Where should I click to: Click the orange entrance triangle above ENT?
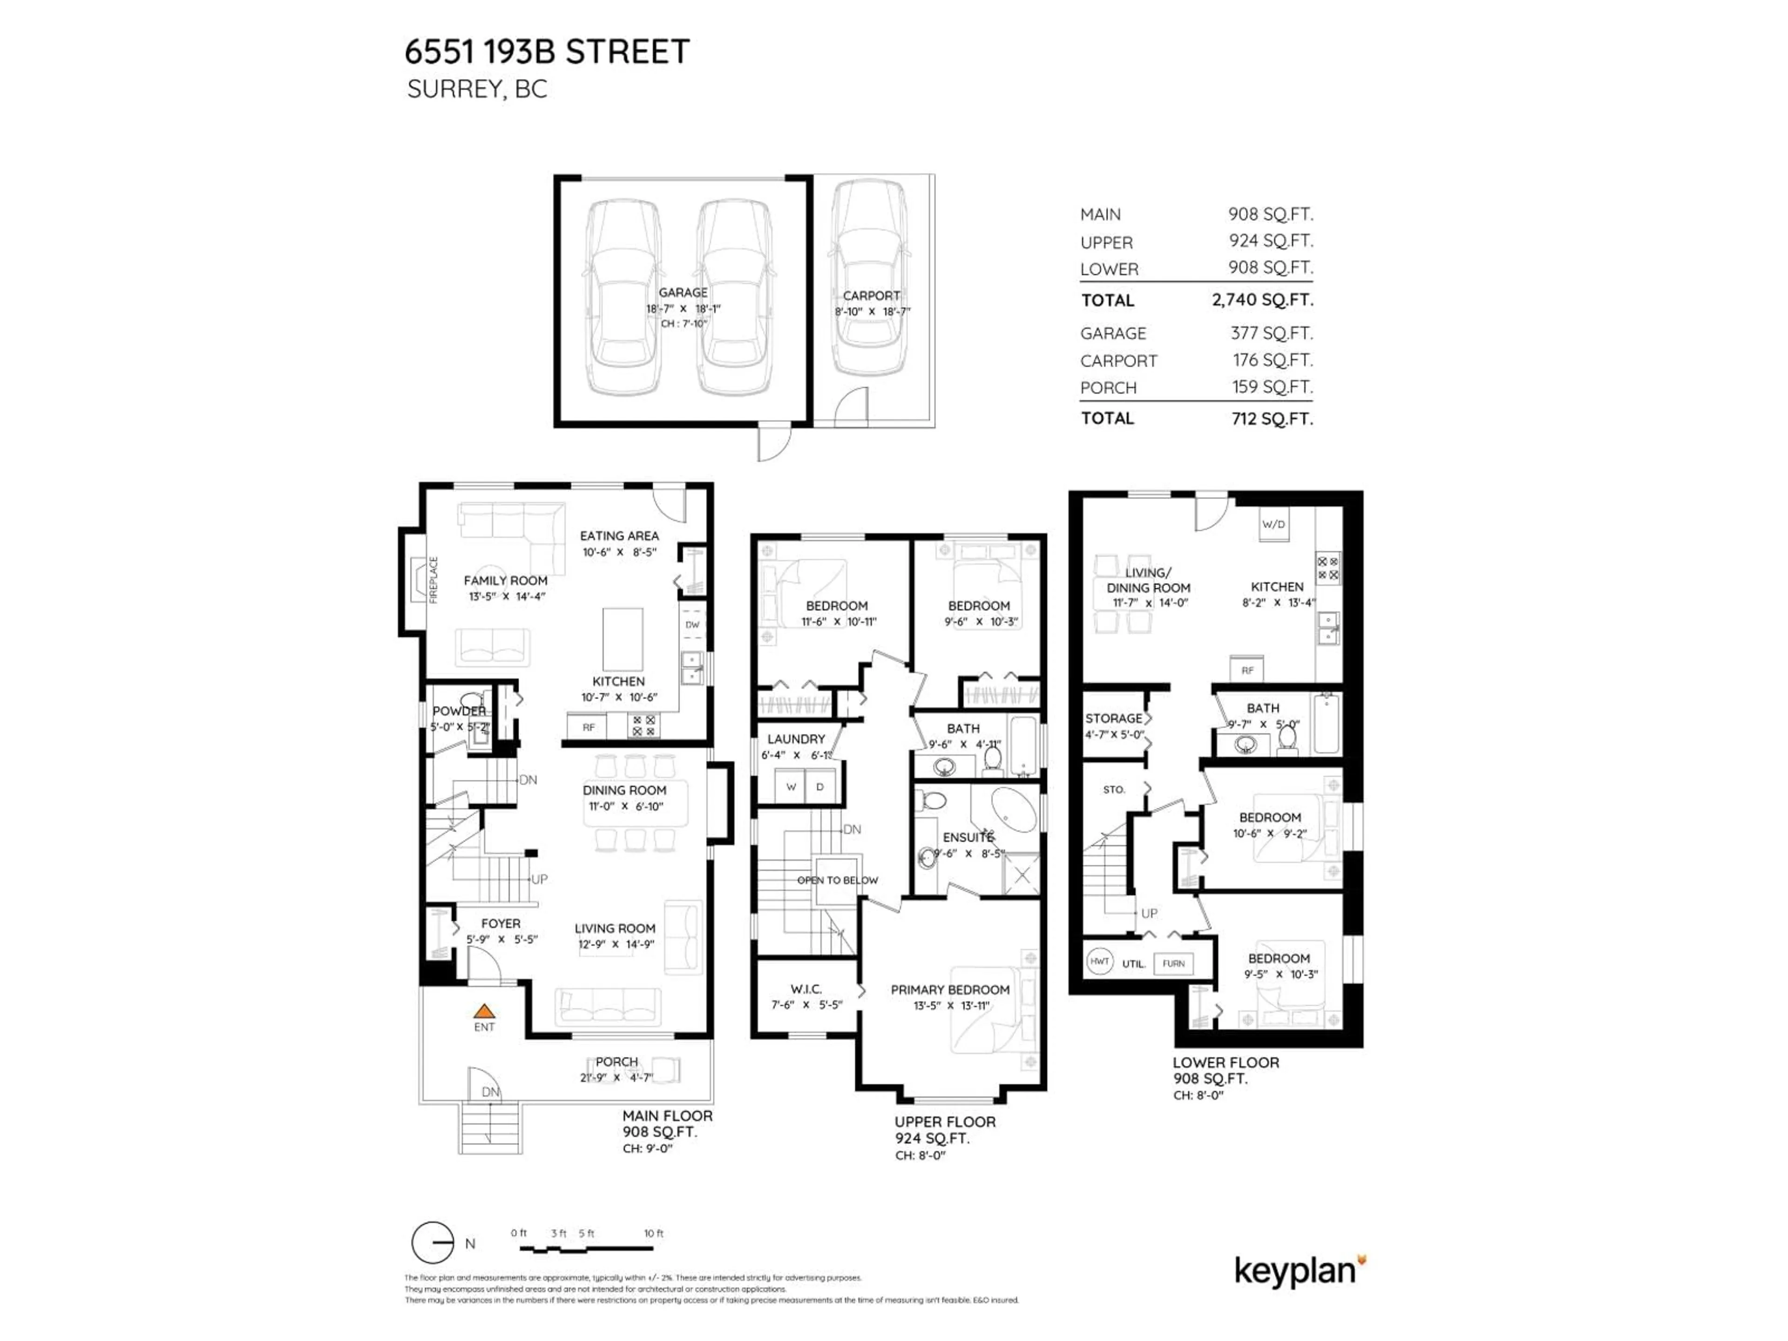[483, 1010]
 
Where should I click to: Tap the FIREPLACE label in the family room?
[433, 580]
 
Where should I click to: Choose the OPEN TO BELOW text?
[837, 880]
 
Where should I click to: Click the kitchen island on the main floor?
[623, 639]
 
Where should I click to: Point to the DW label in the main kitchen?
[692, 625]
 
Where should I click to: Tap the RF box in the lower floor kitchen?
[1247, 670]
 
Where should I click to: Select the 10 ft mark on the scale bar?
[653, 1233]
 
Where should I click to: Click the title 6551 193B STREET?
[547, 52]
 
